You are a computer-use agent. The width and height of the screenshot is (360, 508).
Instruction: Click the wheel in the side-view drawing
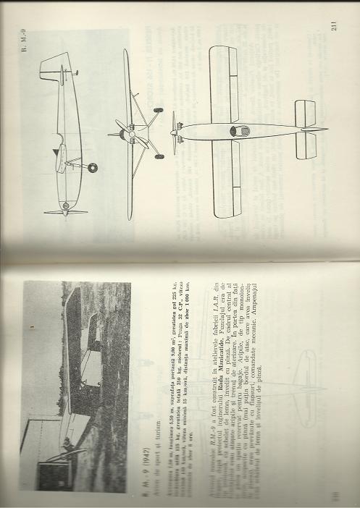coord(92,168)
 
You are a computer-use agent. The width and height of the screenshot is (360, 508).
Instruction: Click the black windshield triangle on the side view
coord(55,151)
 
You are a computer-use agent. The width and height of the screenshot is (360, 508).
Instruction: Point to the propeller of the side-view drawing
coord(65,211)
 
